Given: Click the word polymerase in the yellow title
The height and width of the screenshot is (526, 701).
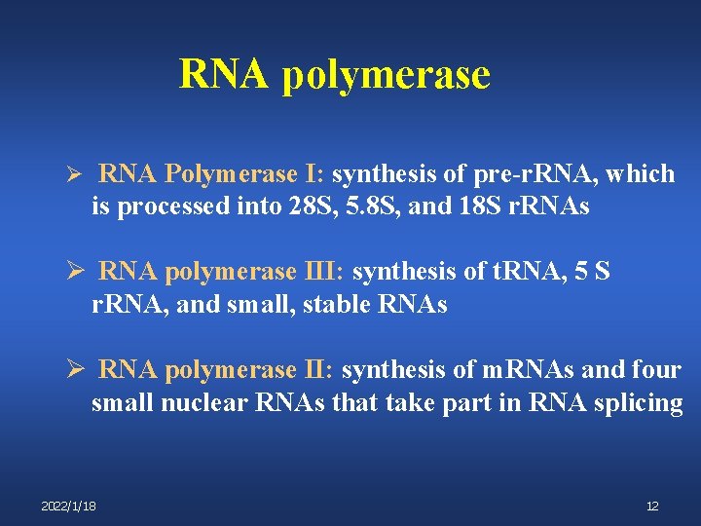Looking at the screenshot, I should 386,75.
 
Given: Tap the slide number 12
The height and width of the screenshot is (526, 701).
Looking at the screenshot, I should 652,507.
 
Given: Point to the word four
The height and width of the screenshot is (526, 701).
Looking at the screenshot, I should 656,371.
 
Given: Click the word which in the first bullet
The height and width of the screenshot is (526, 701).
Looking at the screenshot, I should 644,174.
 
